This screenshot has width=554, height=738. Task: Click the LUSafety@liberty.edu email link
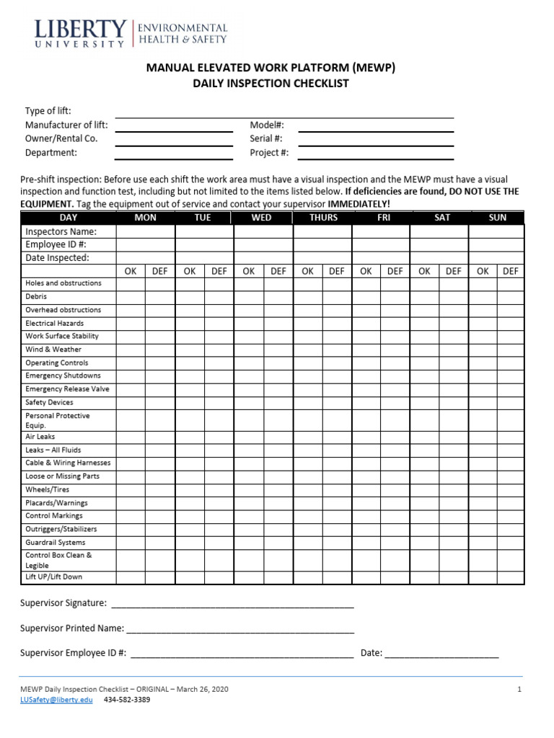coord(56,700)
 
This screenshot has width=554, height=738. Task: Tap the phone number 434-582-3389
coord(127,700)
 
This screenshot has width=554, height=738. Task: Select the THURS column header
coord(323,218)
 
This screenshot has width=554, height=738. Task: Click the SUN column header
coord(497,218)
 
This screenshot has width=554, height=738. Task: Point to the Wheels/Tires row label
coord(48,489)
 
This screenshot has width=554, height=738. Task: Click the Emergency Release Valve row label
coord(67,389)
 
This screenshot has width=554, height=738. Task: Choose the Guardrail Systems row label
coord(55,543)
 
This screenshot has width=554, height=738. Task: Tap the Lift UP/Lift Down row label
coord(53,577)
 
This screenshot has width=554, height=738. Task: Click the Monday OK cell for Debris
coord(131,297)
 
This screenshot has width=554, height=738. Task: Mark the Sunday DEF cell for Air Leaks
coord(510,437)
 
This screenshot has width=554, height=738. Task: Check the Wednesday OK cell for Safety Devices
coord(249,403)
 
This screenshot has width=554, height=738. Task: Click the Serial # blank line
coord(376,138)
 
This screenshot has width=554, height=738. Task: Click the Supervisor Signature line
coord(232,603)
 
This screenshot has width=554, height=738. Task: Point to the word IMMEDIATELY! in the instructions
coord(359,204)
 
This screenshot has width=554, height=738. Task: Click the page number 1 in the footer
coord(519,690)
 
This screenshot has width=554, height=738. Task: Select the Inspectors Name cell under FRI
coord(381,232)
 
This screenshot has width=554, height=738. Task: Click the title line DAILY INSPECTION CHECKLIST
coord(271,84)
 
